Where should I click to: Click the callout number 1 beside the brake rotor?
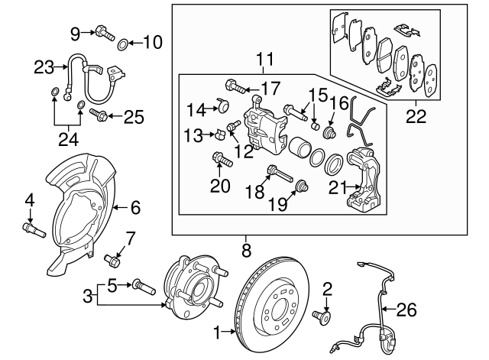coord(216,332)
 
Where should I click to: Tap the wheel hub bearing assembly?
coord(190,290)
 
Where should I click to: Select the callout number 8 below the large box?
coord(245,249)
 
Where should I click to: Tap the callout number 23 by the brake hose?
coord(43,67)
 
